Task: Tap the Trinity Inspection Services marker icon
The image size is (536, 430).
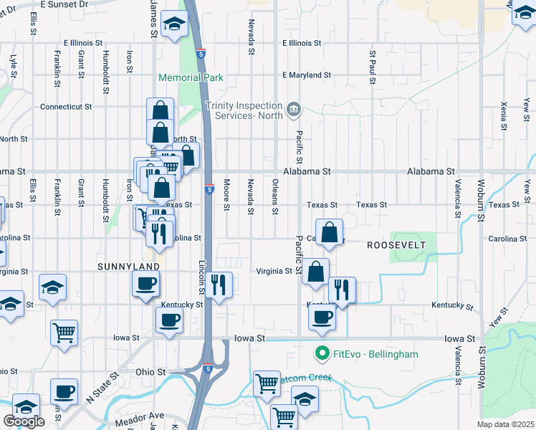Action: [293, 110]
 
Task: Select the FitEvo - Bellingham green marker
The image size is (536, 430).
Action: [322, 353]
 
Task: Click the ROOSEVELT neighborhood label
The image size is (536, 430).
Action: [396, 245]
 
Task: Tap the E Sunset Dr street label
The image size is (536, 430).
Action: [64, 4]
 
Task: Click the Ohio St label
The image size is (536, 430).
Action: [150, 372]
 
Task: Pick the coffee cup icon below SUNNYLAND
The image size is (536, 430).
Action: [145, 282]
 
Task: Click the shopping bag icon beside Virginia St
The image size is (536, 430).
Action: [315, 272]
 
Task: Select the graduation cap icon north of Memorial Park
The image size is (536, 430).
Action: [174, 25]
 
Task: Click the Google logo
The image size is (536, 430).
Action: [24, 421]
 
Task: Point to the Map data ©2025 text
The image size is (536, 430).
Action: [505, 424]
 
